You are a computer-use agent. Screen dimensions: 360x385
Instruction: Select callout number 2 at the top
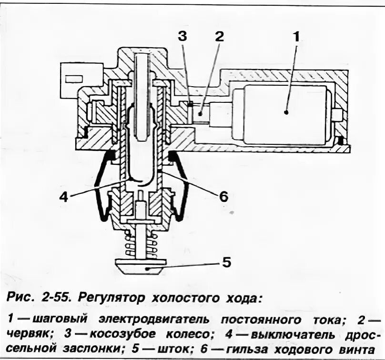tap(219, 36)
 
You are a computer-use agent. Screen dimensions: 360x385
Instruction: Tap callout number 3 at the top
tap(183, 36)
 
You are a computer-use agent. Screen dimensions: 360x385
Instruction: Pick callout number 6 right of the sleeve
tap(223, 196)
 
